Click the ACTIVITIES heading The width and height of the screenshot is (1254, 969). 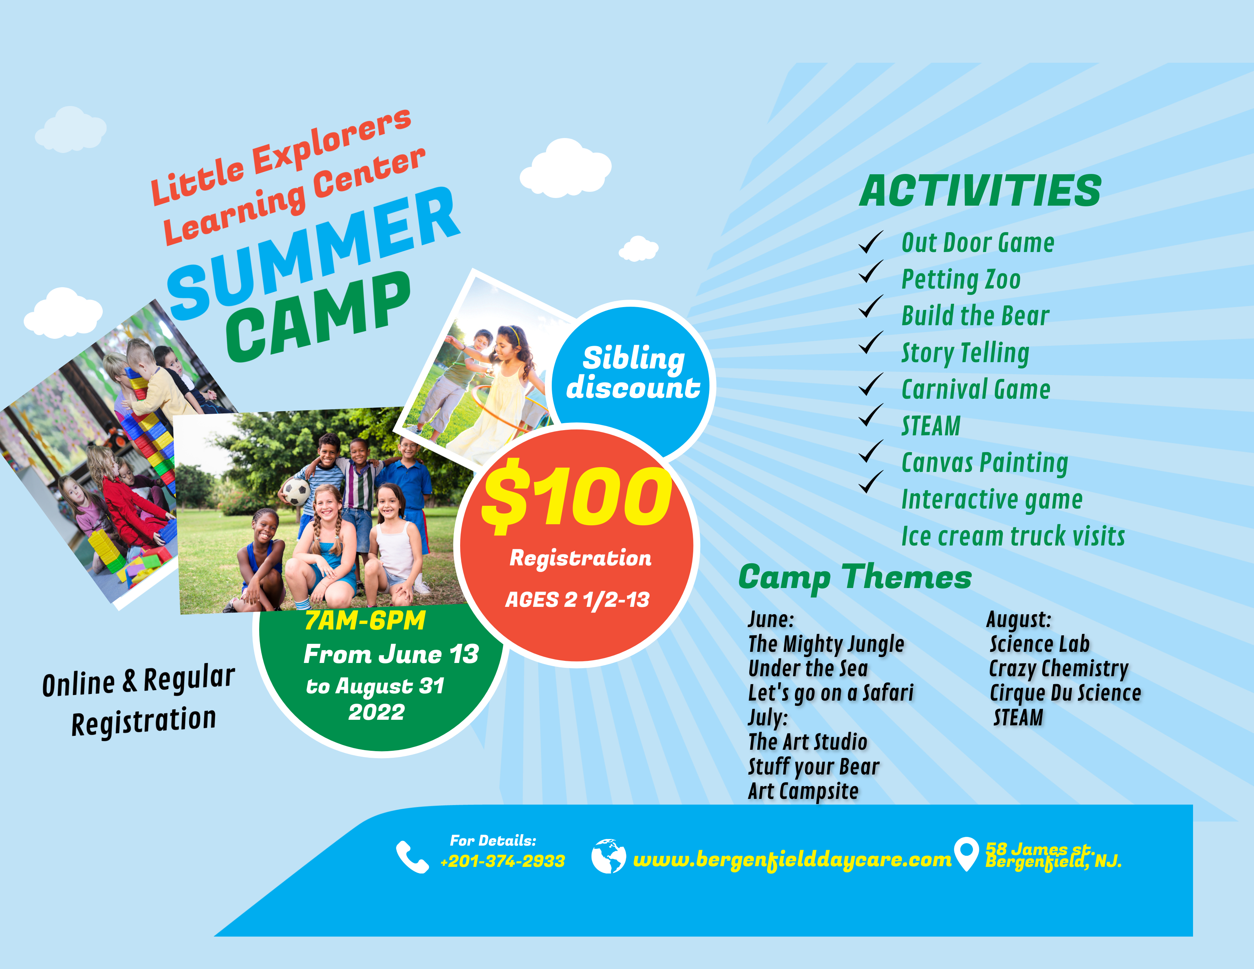click(x=980, y=191)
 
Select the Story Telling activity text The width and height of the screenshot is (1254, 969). click(x=965, y=353)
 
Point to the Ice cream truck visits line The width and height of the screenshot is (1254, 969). click(x=1013, y=536)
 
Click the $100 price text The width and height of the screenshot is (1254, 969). click(x=577, y=496)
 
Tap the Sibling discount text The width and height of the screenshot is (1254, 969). click(x=633, y=372)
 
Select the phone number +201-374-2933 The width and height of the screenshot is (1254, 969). click(x=502, y=861)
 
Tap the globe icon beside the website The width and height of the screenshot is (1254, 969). click(x=609, y=856)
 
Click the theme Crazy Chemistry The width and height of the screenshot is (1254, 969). click(x=1059, y=669)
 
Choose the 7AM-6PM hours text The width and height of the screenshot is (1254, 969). click(x=365, y=620)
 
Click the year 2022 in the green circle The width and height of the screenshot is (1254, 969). click(x=377, y=712)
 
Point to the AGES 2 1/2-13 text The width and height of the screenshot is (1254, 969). click(x=577, y=600)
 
